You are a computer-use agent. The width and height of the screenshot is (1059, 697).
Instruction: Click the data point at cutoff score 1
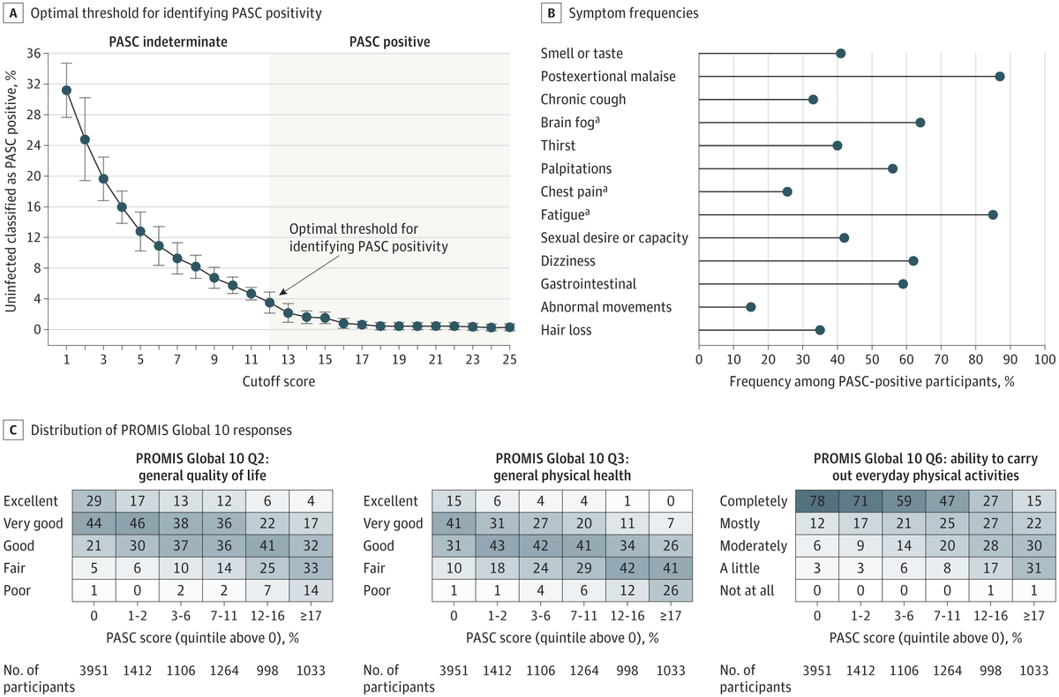point(66,90)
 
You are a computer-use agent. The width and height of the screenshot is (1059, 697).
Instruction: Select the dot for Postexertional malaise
point(1000,77)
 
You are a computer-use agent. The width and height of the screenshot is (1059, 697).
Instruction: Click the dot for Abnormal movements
point(751,307)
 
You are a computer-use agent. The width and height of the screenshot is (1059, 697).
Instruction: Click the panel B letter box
point(552,12)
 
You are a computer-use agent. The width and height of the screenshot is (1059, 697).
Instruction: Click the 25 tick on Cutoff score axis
point(508,360)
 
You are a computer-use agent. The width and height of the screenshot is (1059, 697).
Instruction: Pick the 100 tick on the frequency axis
point(1045,360)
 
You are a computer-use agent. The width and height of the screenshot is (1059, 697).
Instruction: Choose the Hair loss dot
point(820,330)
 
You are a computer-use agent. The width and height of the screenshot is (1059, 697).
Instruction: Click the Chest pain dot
point(787,191)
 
